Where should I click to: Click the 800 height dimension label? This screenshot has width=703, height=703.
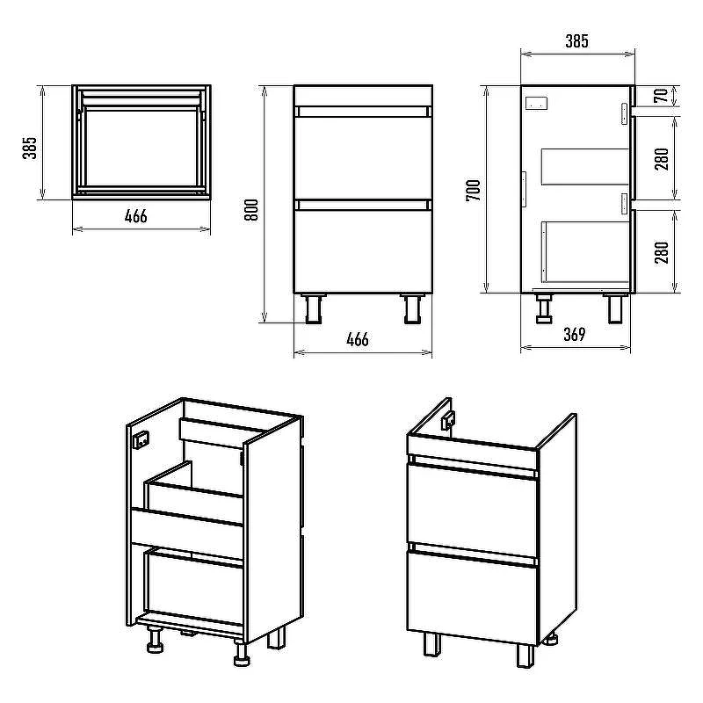coord(252,210)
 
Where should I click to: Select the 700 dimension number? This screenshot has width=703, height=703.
coord(474,191)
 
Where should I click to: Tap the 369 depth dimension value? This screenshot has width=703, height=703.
coord(575,335)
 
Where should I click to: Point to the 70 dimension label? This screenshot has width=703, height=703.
coord(661,96)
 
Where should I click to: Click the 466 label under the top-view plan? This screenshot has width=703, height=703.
coord(136,216)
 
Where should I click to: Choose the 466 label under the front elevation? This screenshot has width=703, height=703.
coord(358,339)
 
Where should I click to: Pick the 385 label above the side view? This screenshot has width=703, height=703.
coord(576,41)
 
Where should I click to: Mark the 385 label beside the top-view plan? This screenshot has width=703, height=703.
coord(30,148)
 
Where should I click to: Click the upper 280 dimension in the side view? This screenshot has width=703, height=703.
coord(662,159)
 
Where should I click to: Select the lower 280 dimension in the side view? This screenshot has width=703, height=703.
coord(662,252)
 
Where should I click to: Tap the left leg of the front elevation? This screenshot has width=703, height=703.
coord(314,308)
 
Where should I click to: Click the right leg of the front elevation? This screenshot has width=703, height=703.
coord(412,308)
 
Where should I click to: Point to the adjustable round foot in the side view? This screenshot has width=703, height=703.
coord(544,308)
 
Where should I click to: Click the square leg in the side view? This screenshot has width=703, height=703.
coord(615,308)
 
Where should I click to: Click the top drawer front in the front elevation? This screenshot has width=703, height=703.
coord(363,158)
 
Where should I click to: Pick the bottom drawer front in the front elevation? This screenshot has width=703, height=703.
coord(363,251)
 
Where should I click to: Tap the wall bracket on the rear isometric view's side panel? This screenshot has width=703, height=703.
coord(141,439)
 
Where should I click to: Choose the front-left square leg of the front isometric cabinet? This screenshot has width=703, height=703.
coord(432,644)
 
